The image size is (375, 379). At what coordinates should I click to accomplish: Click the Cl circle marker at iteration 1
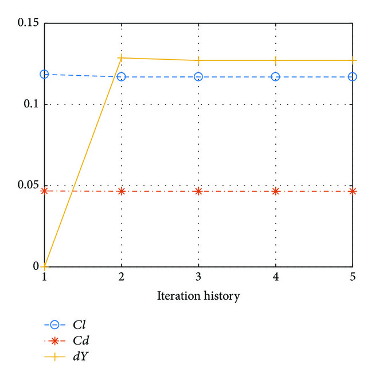[44, 74]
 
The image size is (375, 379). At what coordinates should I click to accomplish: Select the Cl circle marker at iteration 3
[198, 76]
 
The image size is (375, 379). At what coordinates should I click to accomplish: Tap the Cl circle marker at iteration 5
[352, 76]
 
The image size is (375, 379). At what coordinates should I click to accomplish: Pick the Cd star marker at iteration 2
[122, 191]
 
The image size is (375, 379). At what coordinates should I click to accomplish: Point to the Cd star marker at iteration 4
[276, 191]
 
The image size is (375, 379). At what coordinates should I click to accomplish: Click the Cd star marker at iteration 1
[44, 191]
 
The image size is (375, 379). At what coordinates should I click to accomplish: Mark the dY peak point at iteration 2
[122, 57]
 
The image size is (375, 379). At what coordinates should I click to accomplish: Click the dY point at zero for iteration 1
[44, 266]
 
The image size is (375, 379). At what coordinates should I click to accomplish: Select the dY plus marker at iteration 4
[276, 60]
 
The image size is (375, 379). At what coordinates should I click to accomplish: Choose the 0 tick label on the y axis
[36, 266]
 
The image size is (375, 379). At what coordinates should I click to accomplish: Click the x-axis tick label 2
[122, 277]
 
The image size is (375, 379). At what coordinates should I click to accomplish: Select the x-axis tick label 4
[276, 277]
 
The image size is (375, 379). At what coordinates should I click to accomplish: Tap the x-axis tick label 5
[352, 277]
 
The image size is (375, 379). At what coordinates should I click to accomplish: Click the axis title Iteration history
[198, 296]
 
